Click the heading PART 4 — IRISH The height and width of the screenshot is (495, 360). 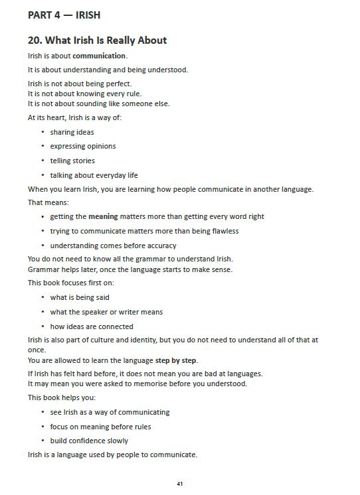[x=64, y=15]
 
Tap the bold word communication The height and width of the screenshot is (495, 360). [x=99, y=56]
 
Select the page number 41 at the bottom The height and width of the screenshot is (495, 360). [x=180, y=484]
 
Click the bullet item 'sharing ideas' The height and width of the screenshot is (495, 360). [x=72, y=132]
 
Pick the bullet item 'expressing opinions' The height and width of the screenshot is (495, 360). [x=82, y=146]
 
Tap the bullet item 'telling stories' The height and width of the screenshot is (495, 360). [x=72, y=161]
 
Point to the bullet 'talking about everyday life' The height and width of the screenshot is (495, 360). [x=94, y=175]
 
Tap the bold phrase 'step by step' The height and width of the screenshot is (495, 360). [x=176, y=360]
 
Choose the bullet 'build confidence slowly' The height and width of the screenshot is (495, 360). [x=89, y=441]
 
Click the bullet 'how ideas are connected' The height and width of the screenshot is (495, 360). [x=92, y=326]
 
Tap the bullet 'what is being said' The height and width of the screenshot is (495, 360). [x=80, y=297]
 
